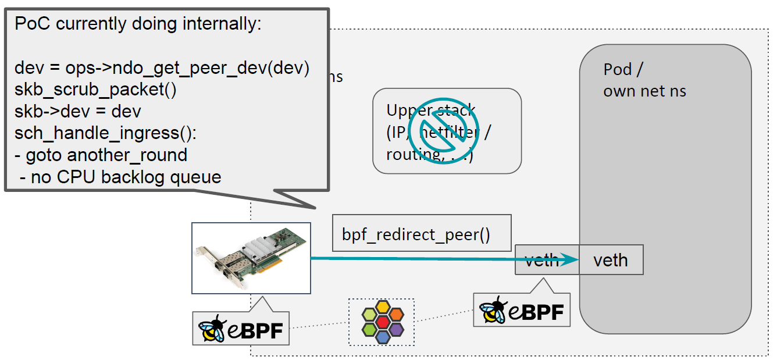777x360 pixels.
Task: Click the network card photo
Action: pos(251,258)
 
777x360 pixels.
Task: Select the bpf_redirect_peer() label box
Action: pos(416,234)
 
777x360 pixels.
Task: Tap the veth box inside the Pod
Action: pos(611,259)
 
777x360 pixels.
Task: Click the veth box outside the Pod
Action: pos(541,259)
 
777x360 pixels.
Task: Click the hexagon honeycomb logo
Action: pos(382,321)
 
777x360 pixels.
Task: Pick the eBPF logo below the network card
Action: pos(240,329)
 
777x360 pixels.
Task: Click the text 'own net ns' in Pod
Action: pos(644,91)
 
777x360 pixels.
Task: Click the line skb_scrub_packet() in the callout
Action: pos(95,90)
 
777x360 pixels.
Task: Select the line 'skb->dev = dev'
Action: pos(78,111)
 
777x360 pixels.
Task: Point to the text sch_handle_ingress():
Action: pos(106,133)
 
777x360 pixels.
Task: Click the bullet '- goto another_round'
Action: pos(101,155)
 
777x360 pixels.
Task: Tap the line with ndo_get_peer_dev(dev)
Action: pos(162,68)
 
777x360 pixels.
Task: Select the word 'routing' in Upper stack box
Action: pos(407,155)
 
